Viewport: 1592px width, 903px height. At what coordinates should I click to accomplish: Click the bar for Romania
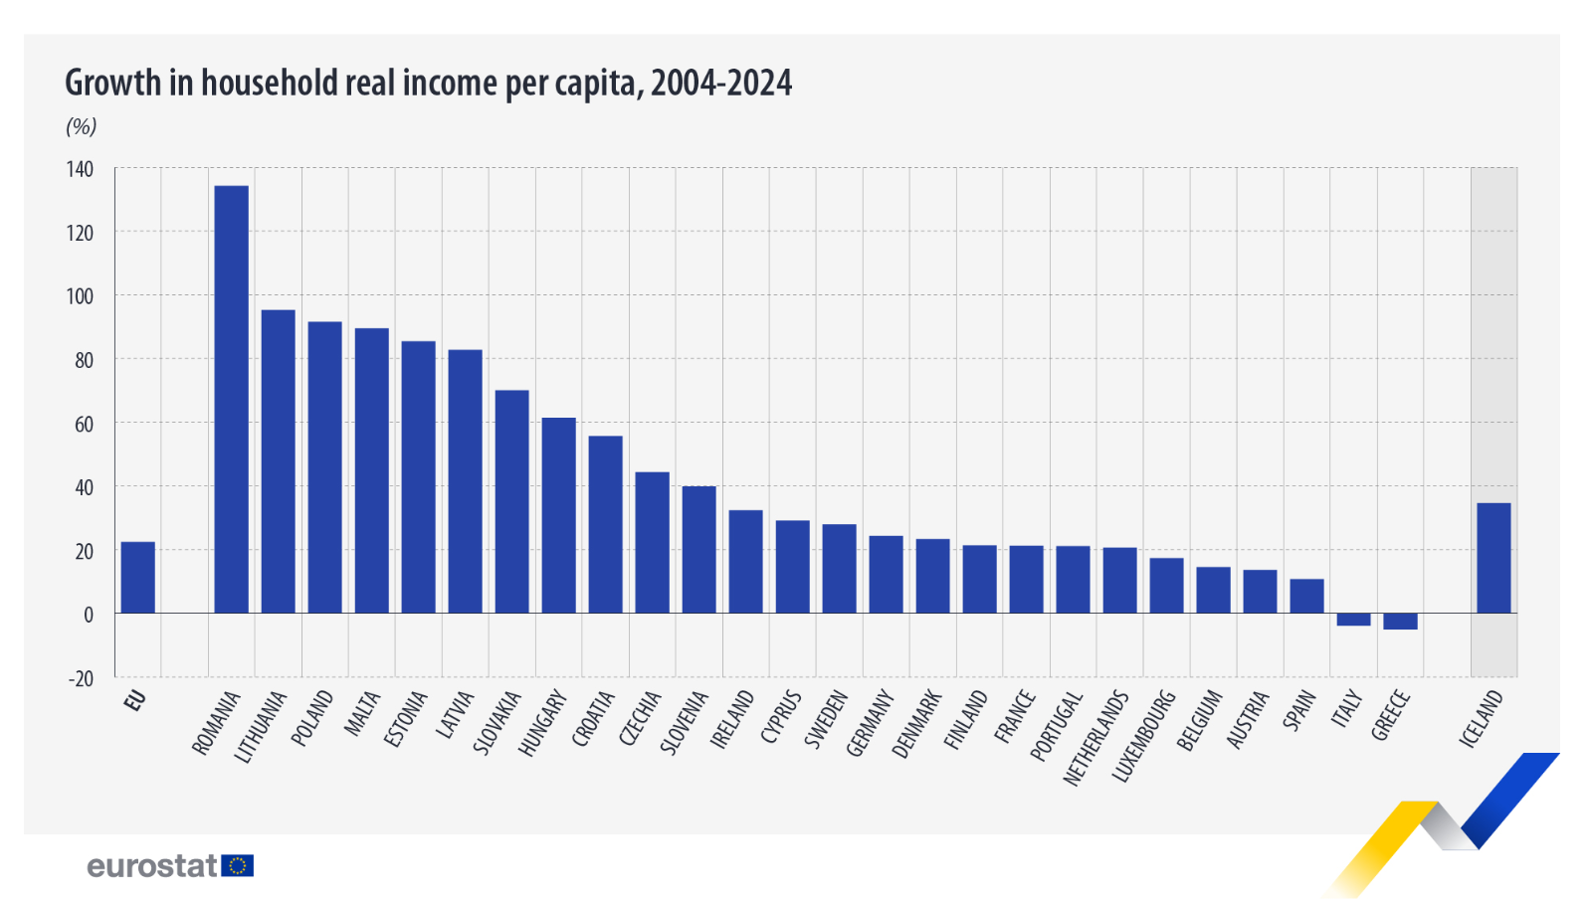pyautogui.click(x=231, y=398)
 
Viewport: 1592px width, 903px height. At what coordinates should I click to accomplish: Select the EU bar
pyautogui.click(x=138, y=577)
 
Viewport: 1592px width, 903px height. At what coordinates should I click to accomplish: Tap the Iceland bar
pyautogui.click(x=1493, y=558)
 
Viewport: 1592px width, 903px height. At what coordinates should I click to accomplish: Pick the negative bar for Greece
pyautogui.click(x=1400, y=622)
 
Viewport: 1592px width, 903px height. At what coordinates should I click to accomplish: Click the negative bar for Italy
pyautogui.click(x=1353, y=620)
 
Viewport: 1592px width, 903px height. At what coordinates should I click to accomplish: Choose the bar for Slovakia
pyautogui.click(x=511, y=501)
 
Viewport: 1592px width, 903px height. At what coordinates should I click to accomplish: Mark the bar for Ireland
pyautogui.click(x=745, y=561)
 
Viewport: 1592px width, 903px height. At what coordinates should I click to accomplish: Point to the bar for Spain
pyautogui.click(x=1306, y=596)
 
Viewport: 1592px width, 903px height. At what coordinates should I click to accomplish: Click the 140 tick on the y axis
pyautogui.click(x=81, y=169)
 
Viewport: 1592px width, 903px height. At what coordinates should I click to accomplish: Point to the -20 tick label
pyautogui.click(x=81, y=678)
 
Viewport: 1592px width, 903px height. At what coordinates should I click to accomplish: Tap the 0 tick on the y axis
pyautogui.click(x=89, y=615)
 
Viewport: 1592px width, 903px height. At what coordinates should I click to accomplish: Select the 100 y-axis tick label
pyautogui.click(x=81, y=296)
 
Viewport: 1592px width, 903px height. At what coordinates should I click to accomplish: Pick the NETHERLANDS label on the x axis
pyautogui.click(x=1094, y=739)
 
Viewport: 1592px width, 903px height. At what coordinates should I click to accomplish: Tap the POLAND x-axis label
pyautogui.click(x=311, y=718)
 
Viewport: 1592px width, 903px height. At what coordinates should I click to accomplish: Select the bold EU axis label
pyautogui.click(x=135, y=700)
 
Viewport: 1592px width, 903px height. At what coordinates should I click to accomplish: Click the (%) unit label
pyautogui.click(x=81, y=126)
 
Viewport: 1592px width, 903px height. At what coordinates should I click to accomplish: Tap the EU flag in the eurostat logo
pyautogui.click(x=238, y=866)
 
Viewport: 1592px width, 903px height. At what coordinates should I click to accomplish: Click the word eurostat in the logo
pyautogui.click(x=151, y=866)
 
